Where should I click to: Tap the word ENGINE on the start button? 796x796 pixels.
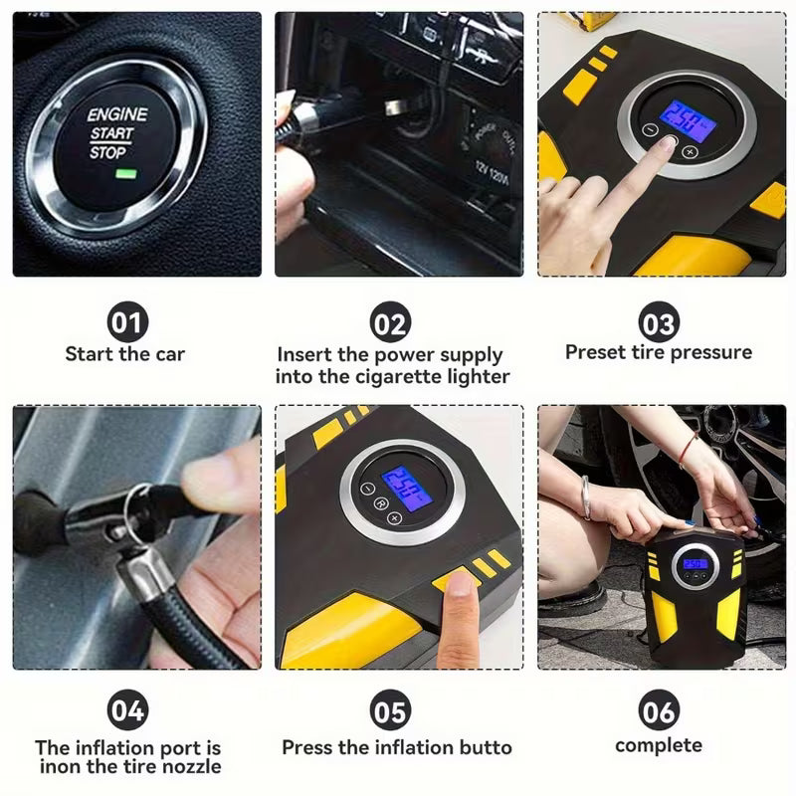pyautogui.click(x=116, y=114)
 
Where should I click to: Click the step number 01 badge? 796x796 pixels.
pyautogui.click(x=126, y=322)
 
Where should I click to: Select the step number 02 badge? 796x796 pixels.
pyautogui.click(x=391, y=322)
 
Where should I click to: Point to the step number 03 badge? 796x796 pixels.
pyautogui.click(x=659, y=322)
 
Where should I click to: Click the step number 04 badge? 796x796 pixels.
pyautogui.click(x=126, y=710)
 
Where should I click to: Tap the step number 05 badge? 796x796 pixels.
pyautogui.click(x=391, y=710)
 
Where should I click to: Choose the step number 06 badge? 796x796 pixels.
pyautogui.click(x=659, y=710)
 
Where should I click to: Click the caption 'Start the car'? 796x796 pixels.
pyautogui.click(x=125, y=353)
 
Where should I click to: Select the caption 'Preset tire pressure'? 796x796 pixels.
pyautogui.click(x=659, y=352)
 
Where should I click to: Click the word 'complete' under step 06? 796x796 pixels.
pyautogui.click(x=659, y=745)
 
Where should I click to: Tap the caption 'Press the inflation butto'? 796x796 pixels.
pyautogui.click(x=397, y=747)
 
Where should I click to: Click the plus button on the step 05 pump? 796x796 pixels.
pyautogui.click(x=394, y=518)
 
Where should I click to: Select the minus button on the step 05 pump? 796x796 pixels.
pyautogui.click(x=369, y=489)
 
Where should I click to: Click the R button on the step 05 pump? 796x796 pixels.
pyautogui.click(x=380, y=504)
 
